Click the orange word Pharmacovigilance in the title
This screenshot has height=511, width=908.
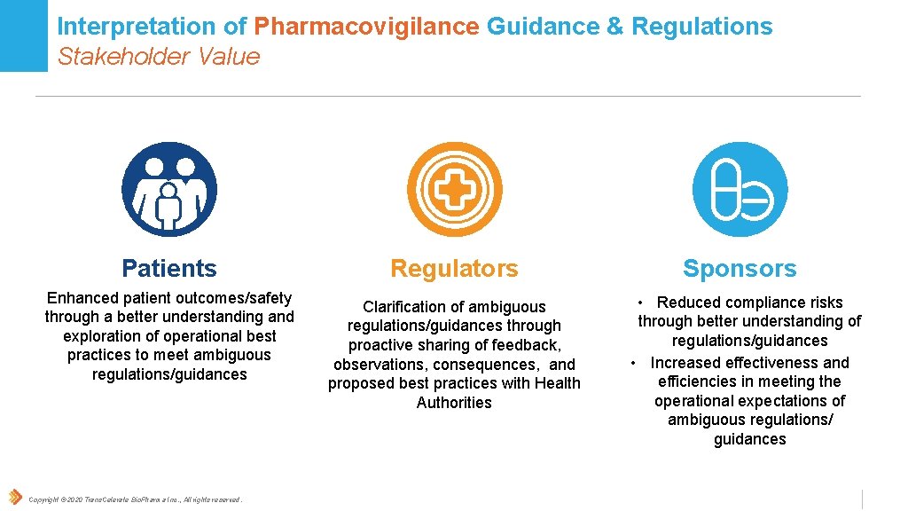click(x=366, y=28)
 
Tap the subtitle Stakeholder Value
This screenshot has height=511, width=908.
click(x=159, y=57)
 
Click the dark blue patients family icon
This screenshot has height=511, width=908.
click(x=169, y=189)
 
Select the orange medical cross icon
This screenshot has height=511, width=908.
click(x=454, y=189)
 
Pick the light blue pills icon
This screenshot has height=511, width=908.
click(x=740, y=189)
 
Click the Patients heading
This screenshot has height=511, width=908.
click(x=169, y=268)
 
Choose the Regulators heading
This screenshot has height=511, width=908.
click(x=454, y=268)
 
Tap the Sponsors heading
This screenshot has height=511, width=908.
click(x=740, y=268)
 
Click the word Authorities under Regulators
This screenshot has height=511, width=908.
click(x=454, y=403)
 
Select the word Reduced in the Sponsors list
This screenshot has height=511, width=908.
click(x=688, y=303)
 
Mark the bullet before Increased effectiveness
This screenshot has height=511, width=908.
click(x=634, y=363)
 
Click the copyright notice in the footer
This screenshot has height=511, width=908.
click(x=135, y=499)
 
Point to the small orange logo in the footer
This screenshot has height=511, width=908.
click(x=15, y=497)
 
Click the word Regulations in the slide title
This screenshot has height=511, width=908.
click(x=701, y=28)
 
